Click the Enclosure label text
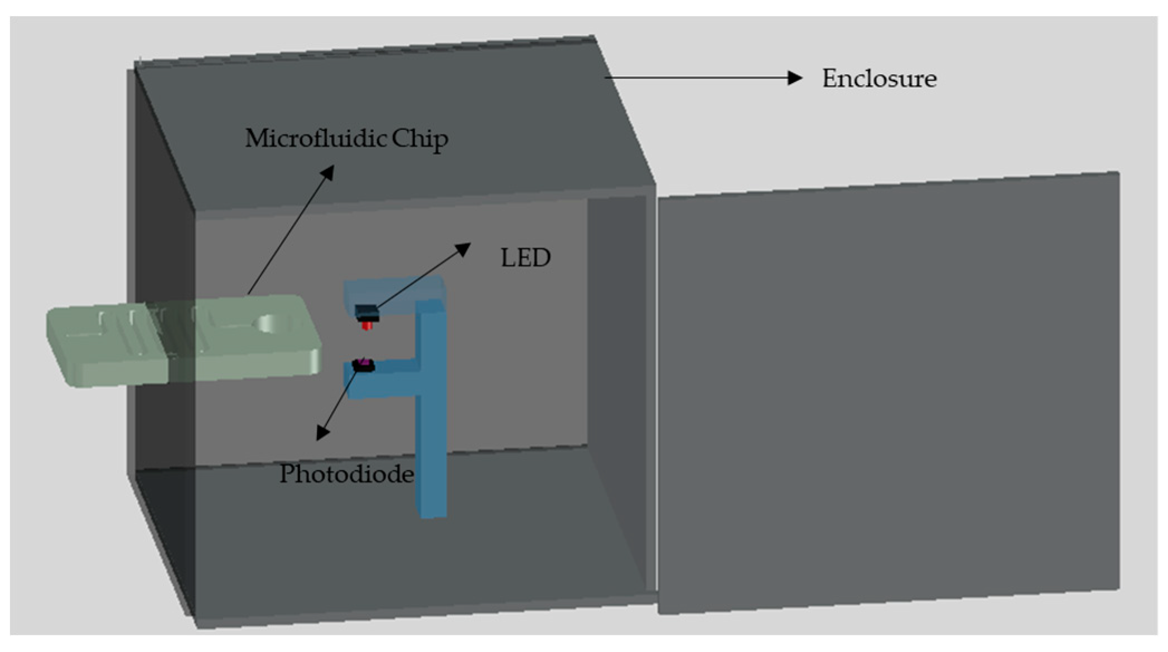(879, 79)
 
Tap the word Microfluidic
(315, 138)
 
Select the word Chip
(419, 139)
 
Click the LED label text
(525, 257)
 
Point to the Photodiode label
(346, 474)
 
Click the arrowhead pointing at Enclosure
(794, 78)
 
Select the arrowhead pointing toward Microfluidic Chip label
(327, 173)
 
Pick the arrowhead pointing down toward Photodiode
(322, 432)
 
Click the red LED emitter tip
(366, 325)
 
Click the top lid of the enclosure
(390, 128)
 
